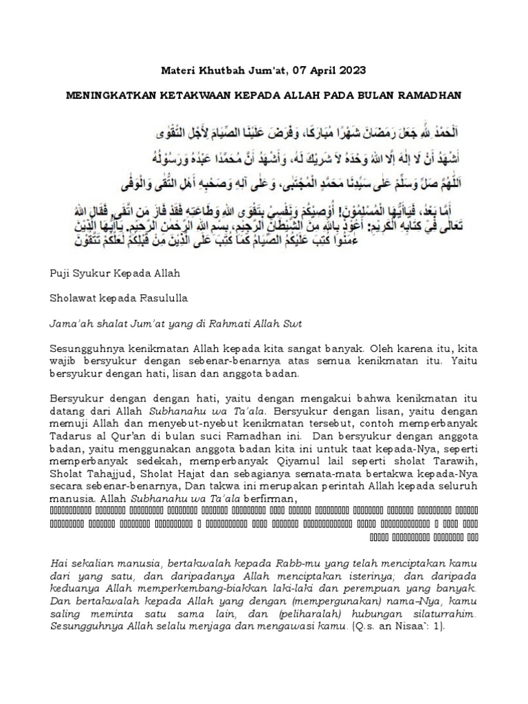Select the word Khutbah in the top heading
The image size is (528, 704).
point(216,70)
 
